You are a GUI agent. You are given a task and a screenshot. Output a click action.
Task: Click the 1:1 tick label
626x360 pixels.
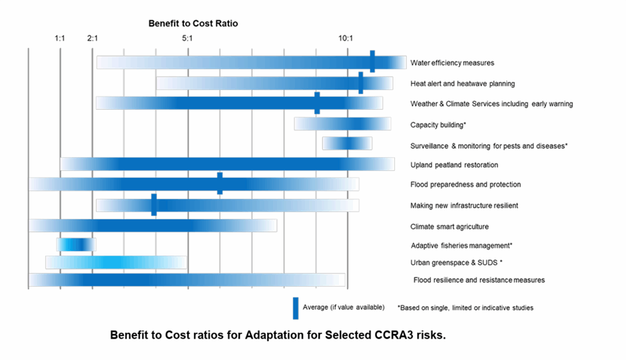tap(60, 39)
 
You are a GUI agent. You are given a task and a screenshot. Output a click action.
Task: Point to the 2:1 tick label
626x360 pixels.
tap(92, 39)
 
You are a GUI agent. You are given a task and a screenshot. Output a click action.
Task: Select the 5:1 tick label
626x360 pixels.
tap(187, 39)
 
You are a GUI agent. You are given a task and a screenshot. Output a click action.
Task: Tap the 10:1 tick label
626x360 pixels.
tap(346, 39)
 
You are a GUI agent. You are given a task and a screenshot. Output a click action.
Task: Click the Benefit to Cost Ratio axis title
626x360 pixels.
tap(193, 23)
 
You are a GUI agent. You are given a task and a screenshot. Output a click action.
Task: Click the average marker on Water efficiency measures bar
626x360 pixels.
tap(372, 61)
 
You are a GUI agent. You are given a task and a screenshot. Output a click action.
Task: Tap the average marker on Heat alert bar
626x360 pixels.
tap(361, 83)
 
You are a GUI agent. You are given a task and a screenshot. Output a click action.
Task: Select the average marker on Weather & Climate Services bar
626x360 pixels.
tap(317, 103)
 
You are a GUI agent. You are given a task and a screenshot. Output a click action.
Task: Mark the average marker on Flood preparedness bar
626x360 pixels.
tap(220, 184)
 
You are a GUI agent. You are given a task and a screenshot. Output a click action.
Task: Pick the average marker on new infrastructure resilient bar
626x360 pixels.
tap(154, 205)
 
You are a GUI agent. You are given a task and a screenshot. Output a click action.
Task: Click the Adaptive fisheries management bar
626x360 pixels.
tap(77, 245)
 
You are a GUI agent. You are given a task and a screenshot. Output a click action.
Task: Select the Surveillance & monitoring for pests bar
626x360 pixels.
tap(348, 144)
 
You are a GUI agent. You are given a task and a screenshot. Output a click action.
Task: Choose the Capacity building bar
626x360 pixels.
tap(342, 124)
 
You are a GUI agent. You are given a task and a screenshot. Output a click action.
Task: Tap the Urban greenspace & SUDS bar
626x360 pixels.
tap(116, 262)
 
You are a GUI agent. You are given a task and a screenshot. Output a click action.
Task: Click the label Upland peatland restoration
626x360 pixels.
tap(454, 165)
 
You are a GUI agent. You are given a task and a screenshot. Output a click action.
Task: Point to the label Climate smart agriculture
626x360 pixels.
tap(450, 226)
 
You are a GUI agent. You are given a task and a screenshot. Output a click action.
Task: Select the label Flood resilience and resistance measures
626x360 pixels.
tap(479, 280)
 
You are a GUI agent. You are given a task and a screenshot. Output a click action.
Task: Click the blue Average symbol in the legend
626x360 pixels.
tap(296, 308)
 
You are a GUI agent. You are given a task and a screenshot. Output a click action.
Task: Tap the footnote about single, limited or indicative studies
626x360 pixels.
tap(466, 308)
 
